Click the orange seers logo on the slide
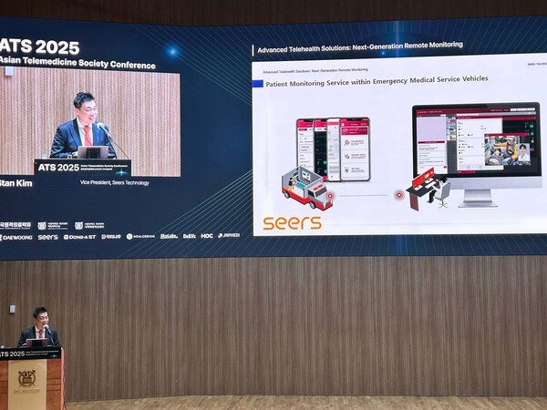pyautogui.click(x=292, y=222)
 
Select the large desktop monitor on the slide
pyautogui.click(x=464, y=150)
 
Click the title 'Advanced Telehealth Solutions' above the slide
pyautogui.click(x=359, y=46)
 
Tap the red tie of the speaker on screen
pyautogui.click(x=88, y=134)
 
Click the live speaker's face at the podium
pyautogui.click(x=39, y=318)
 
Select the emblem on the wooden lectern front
pyautogui.click(x=26, y=378)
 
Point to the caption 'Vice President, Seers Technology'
pyautogui.click(x=115, y=183)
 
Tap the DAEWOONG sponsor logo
pyautogui.click(x=16, y=237)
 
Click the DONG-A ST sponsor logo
pyautogui.click(x=79, y=237)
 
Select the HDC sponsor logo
pyautogui.click(x=207, y=236)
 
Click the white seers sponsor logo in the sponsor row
pyautogui.click(x=47, y=237)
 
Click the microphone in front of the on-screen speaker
pyautogui.click(x=106, y=133)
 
